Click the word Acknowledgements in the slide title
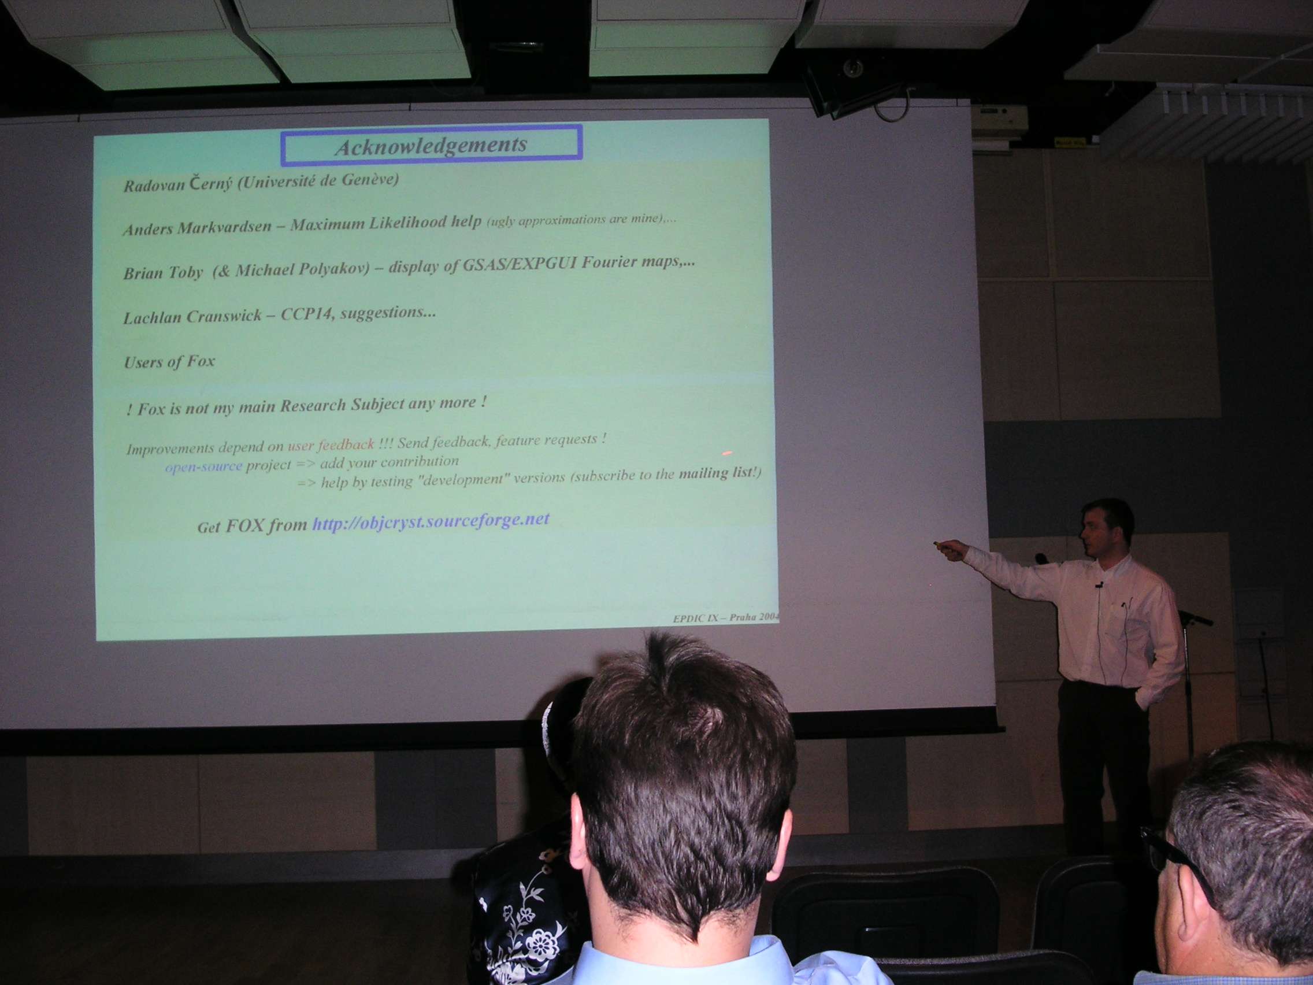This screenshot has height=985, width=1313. coord(431,146)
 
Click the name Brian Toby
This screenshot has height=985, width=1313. coord(162,273)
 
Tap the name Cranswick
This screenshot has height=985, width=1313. coord(225,316)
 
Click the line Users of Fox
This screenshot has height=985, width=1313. coord(169,362)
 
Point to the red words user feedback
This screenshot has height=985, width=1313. coord(331,445)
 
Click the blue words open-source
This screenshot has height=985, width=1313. coord(203,466)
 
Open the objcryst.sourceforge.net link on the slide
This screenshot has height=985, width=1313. coord(431,522)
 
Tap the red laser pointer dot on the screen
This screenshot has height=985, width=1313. coord(726,453)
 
